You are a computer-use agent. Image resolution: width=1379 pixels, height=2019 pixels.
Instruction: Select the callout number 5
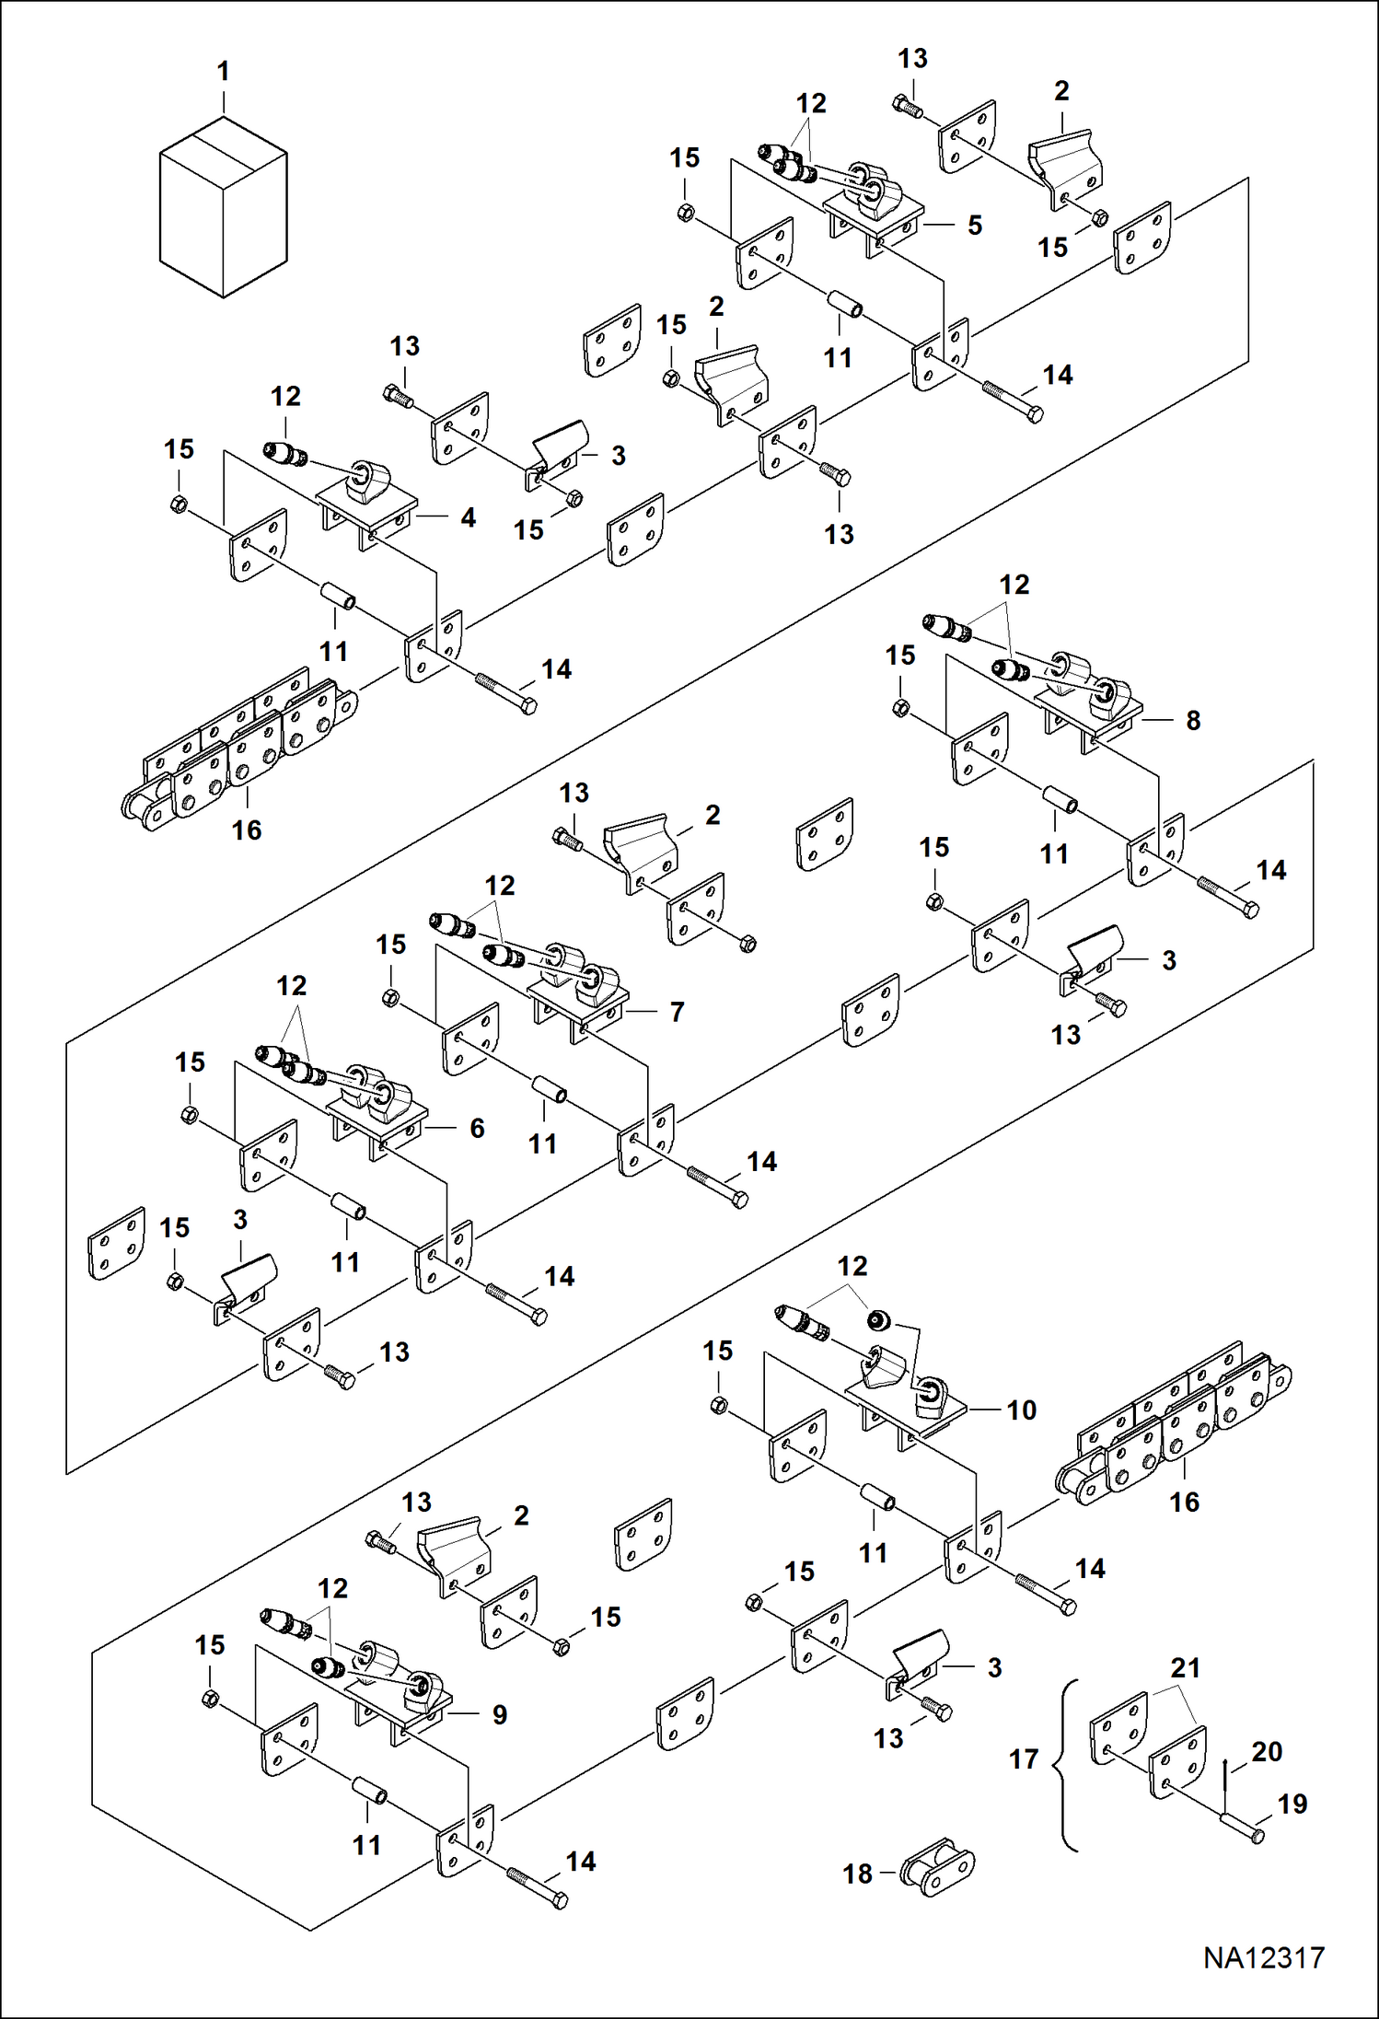[x=975, y=226]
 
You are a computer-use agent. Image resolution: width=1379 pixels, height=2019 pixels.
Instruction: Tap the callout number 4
[x=468, y=518]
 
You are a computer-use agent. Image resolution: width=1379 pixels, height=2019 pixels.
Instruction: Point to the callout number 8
[x=1193, y=720]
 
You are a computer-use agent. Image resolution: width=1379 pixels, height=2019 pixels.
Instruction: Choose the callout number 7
[x=678, y=1012]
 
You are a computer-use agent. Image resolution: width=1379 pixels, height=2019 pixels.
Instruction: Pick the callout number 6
[x=477, y=1128]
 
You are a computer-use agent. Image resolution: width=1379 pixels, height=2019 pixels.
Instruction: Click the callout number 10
[x=1022, y=1410]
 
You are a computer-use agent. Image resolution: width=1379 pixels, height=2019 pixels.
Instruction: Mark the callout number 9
[x=499, y=1714]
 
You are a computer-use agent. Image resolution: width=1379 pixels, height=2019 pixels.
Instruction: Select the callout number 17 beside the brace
[x=1024, y=1759]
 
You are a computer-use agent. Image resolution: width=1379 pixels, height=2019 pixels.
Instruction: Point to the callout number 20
[x=1267, y=1751]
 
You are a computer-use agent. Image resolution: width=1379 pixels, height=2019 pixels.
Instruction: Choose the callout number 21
[x=1186, y=1667]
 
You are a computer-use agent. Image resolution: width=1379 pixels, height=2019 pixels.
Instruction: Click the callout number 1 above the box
[x=223, y=71]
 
